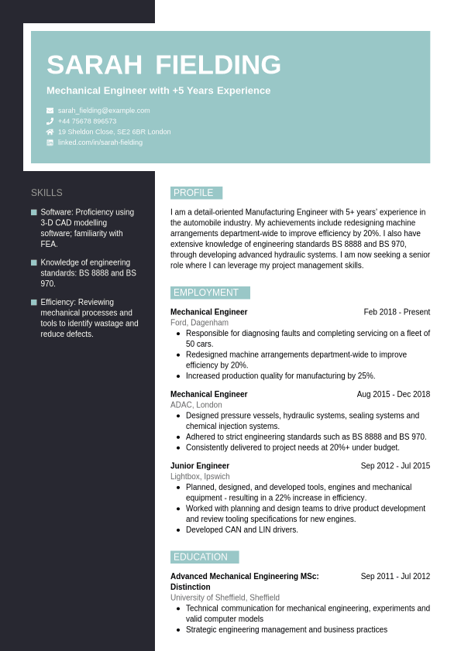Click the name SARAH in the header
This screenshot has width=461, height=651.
[94, 65]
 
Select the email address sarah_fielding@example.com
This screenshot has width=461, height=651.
[104, 111]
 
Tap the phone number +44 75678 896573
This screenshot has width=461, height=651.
[87, 122]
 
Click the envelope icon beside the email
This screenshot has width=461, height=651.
[50, 111]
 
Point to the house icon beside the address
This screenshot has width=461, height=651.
[50, 132]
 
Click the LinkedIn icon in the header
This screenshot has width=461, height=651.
[50, 142]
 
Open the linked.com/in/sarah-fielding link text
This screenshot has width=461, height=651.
[100, 142]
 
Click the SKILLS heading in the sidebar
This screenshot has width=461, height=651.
[46, 193]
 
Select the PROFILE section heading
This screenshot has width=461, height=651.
[194, 193]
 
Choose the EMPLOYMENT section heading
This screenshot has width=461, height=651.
[206, 293]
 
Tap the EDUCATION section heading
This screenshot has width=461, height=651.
[201, 557]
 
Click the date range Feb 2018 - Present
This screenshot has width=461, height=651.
[397, 312]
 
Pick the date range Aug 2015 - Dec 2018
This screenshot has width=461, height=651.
[393, 394]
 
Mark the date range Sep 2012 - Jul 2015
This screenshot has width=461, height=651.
[395, 466]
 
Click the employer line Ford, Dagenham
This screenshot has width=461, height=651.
[199, 323]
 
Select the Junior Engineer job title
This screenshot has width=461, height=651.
[200, 466]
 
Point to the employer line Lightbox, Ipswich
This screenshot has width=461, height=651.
[200, 477]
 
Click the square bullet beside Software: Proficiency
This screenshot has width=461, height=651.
[34, 212]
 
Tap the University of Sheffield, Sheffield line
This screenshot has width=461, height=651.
[225, 598]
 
